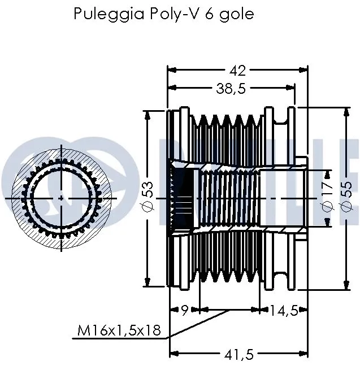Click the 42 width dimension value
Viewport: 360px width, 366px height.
point(238,70)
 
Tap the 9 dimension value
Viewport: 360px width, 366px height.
point(184,310)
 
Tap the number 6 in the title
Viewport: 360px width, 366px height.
point(218,14)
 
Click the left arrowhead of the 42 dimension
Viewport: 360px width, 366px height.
point(172,70)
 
